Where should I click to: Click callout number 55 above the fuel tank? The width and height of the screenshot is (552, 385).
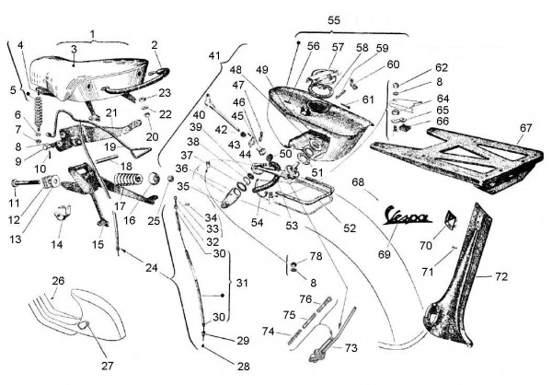coord(333,19)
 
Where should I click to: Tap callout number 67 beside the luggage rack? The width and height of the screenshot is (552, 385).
coord(526,127)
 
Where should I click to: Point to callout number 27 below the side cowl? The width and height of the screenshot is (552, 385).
coord(108,366)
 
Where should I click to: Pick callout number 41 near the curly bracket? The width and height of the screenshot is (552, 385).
coord(214,56)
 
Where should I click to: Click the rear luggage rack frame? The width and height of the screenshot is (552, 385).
coord(460,152)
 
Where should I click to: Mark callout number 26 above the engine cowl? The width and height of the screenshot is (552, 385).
coord(57,281)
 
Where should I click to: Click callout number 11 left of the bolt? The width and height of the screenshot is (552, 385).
coord(13,202)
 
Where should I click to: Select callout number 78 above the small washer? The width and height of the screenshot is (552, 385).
coord(316,255)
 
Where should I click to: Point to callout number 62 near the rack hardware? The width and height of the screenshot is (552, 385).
coord(442,68)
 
